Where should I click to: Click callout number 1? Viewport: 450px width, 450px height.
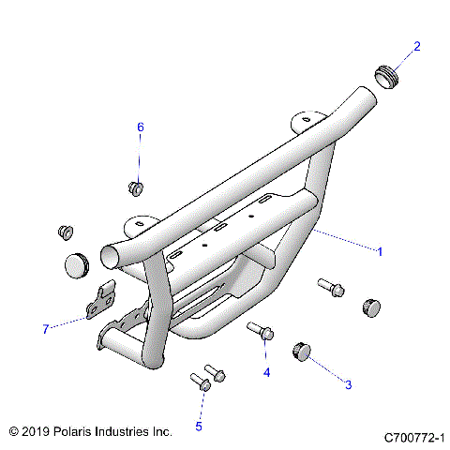point(379,251)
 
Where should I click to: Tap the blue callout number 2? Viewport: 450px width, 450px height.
point(417,45)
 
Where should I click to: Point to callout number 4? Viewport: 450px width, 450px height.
point(266,372)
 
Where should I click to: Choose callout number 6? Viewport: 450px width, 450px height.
point(141,127)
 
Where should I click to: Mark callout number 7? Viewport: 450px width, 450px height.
point(44,328)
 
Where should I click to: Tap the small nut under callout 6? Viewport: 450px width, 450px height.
point(136,188)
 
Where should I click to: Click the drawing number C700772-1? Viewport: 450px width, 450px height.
point(413,437)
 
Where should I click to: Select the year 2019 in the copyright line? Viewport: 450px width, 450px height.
point(37,432)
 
